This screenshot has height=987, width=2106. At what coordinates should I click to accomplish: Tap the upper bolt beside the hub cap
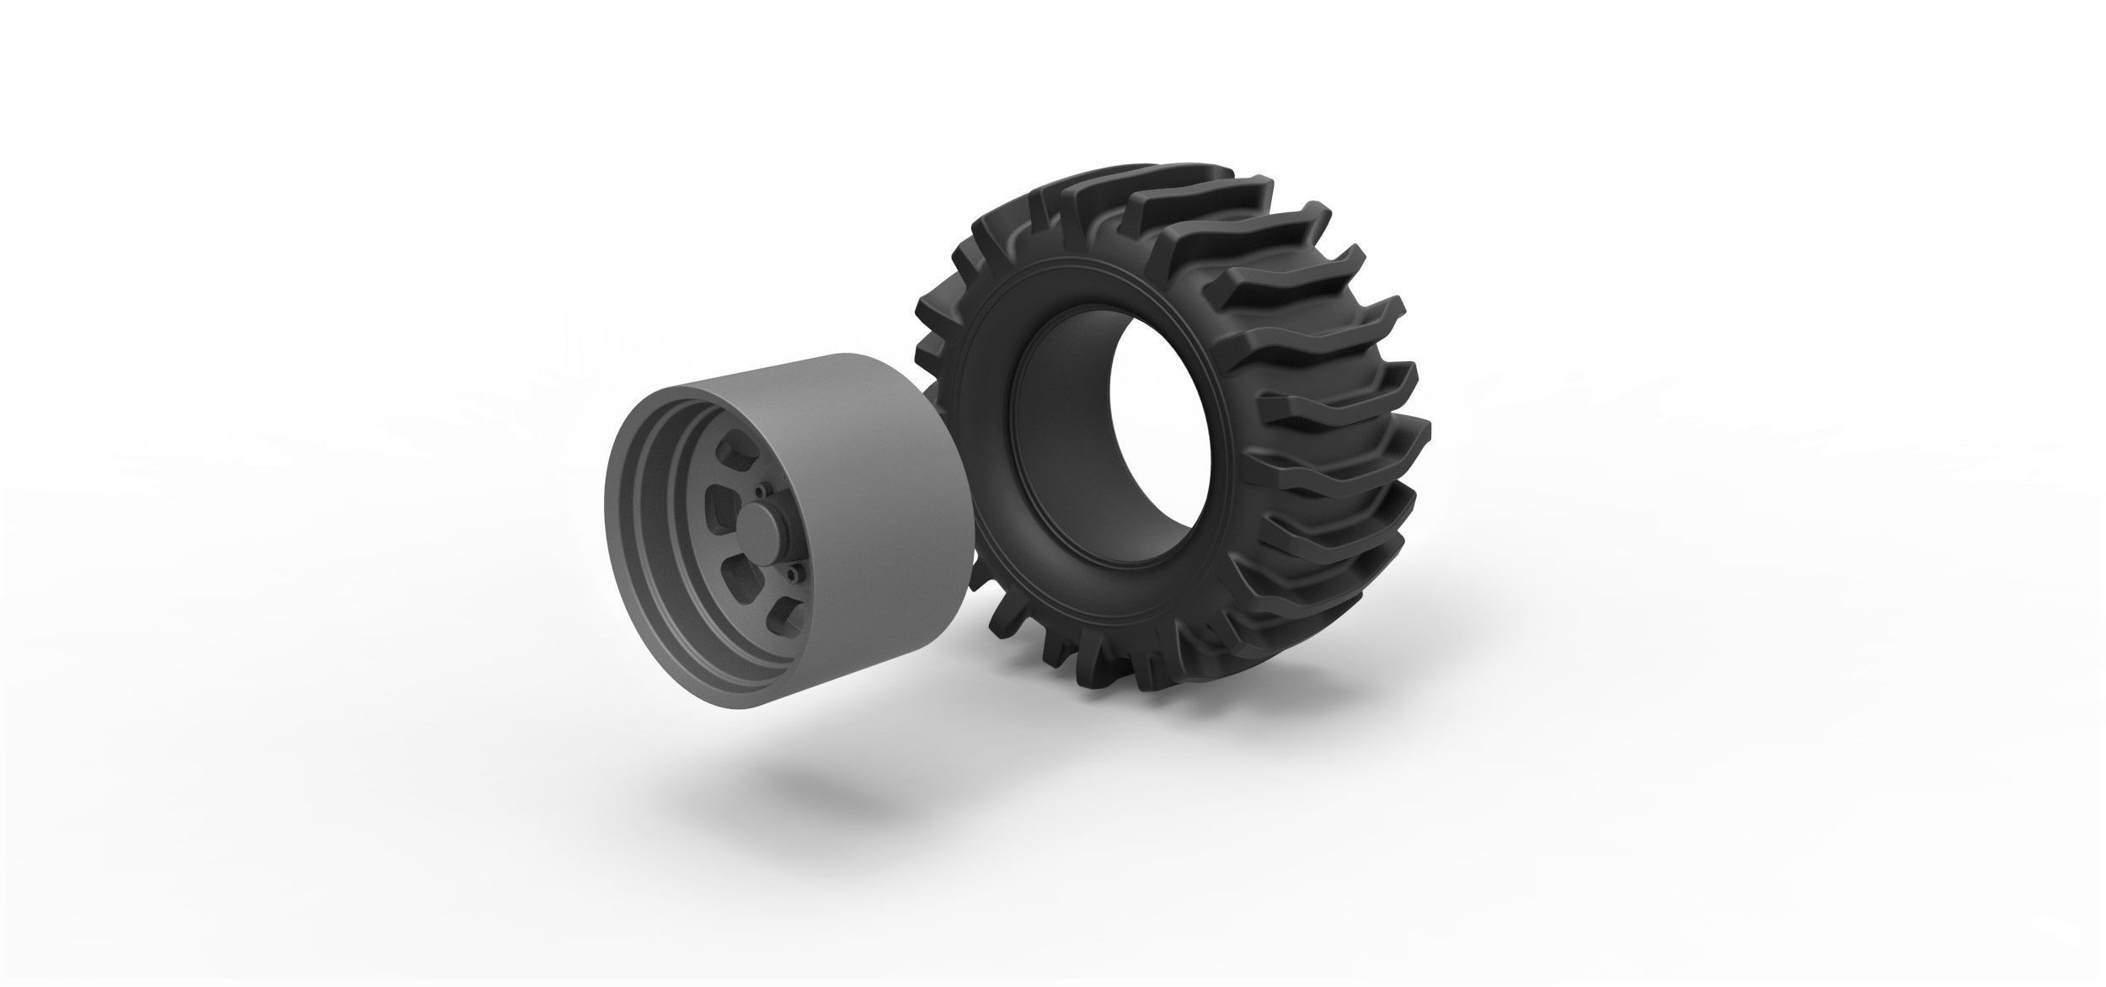coord(761,489)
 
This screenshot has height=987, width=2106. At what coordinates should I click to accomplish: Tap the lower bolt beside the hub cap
coord(794,574)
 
